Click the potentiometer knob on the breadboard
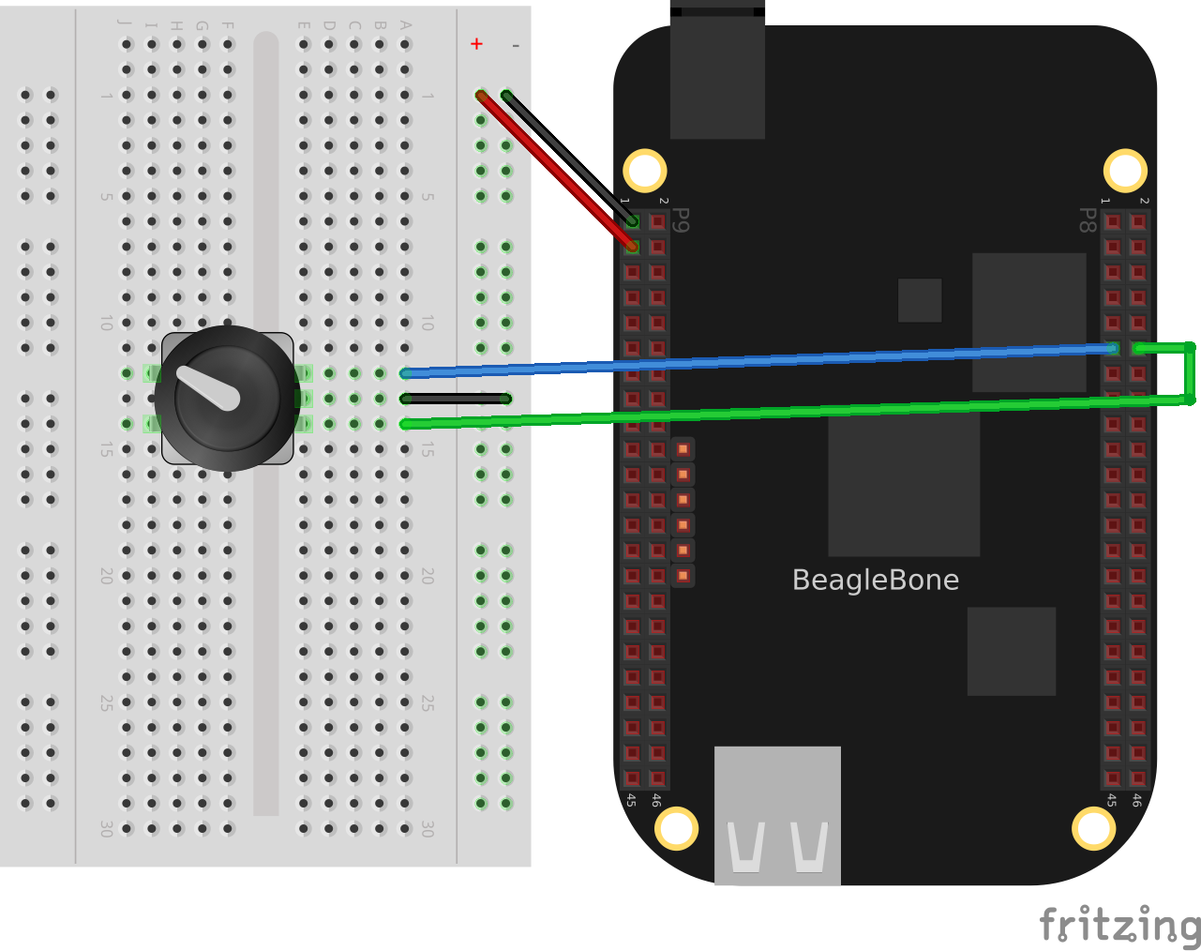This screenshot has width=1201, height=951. (x=228, y=398)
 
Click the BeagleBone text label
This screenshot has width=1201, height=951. (x=875, y=580)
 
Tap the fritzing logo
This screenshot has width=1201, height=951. (x=1119, y=925)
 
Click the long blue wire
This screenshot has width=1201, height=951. (x=750, y=361)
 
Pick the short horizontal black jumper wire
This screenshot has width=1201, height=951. (x=456, y=399)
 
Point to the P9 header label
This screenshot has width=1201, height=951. (x=682, y=220)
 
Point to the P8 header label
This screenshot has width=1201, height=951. (x=1087, y=220)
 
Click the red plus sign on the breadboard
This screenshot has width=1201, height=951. (x=476, y=44)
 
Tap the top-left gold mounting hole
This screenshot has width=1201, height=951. (x=645, y=171)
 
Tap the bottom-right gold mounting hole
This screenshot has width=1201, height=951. (x=1093, y=828)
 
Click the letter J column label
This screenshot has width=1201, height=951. (x=125, y=24)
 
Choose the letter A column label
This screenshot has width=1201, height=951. (x=405, y=24)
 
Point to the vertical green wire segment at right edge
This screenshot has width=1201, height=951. (x=1190, y=373)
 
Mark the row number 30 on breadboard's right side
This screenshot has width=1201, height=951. (x=428, y=828)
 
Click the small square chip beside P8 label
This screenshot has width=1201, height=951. (x=919, y=300)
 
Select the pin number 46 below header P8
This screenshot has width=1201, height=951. (x=1136, y=800)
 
